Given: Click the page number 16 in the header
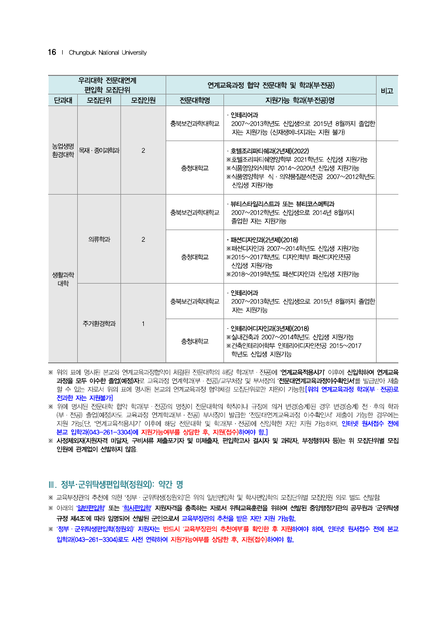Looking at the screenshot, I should click(x=52, y=53).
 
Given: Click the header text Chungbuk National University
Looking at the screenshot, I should click(x=107, y=53).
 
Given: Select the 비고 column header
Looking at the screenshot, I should click(x=387, y=91).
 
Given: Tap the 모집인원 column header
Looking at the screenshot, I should click(x=143, y=101).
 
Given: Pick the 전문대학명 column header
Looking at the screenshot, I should click(x=194, y=101).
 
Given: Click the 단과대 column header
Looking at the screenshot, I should click(x=63, y=101).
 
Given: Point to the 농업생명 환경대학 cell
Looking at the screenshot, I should click(x=63, y=150).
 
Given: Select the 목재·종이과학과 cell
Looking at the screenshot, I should click(x=99, y=150).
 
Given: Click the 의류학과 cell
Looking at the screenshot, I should click(x=99, y=239).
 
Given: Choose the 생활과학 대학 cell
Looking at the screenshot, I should click(x=63, y=279).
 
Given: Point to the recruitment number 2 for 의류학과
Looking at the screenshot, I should click(x=143, y=239).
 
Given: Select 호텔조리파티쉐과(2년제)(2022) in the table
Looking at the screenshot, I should click(x=270, y=151).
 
